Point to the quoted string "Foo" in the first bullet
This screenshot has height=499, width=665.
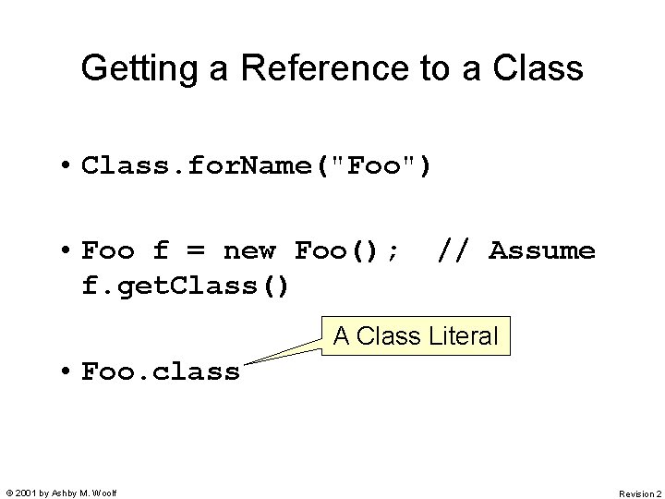381,166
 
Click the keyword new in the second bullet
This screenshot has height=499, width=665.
249,250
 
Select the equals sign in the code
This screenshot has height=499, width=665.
197,251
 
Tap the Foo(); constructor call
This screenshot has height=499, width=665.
347,250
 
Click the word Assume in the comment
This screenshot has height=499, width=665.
542,250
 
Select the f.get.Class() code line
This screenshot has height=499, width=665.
186,286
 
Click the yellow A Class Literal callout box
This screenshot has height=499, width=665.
415,336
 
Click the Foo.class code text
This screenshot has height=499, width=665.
161,371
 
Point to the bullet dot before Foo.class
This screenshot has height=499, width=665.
68,371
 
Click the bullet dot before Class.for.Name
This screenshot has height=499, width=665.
68,166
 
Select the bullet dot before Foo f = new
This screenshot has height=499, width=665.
68,251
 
